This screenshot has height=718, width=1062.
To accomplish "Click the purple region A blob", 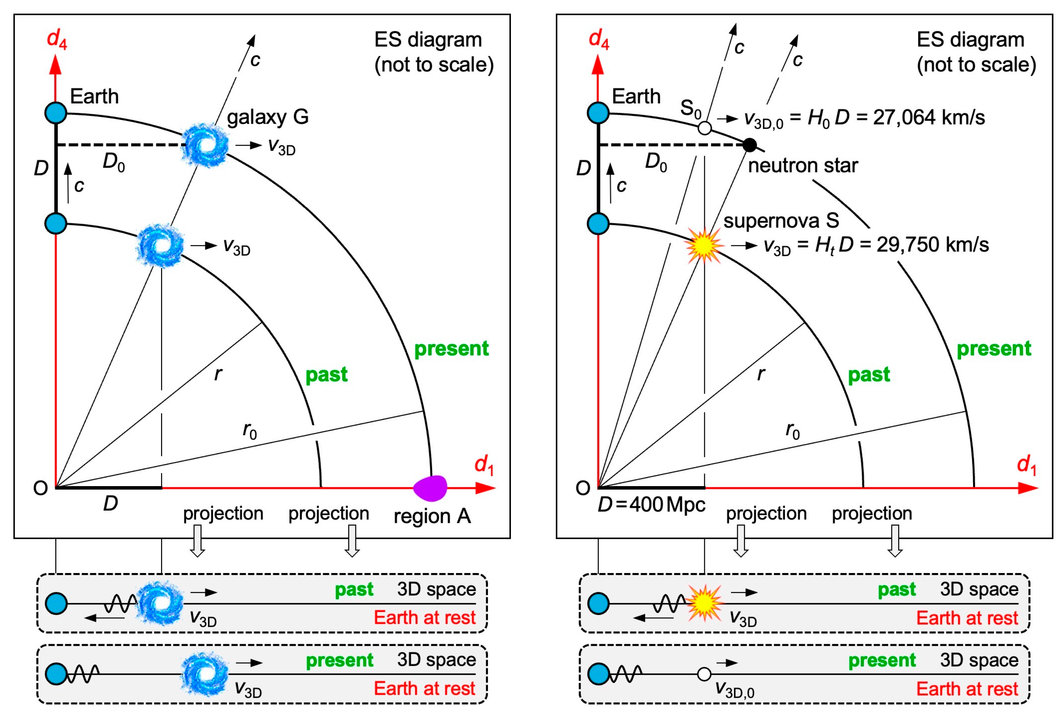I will pyautogui.click(x=430, y=487).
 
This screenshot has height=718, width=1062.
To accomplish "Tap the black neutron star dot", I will pyautogui.click(x=750, y=145).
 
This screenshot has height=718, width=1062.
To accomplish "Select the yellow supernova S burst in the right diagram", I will pyautogui.click(x=704, y=246).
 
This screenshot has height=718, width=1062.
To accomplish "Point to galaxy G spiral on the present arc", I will pyautogui.click(x=205, y=145).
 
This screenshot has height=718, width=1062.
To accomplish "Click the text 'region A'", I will pyautogui.click(x=432, y=516).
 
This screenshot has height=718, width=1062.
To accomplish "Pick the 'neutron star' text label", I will pyautogui.click(x=803, y=166).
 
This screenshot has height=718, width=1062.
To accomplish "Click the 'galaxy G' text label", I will pyautogui.click(x=268, y=117).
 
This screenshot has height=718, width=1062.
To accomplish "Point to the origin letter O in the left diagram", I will pyautogui.click(x=41, y=489).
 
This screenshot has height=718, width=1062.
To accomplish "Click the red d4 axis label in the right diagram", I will pyautogui.click(x=598, y=39).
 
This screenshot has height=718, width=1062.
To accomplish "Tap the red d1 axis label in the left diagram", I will pyautogui.click(x=484, y=465).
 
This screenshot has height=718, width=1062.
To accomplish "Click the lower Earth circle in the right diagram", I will pyautogui.click(x=598, y=224).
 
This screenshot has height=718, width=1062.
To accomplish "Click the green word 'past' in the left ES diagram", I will pyautogui.click(x=326, y=374).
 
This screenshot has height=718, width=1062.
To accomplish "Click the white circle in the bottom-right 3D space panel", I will pyautogui.click(x=704, y=674).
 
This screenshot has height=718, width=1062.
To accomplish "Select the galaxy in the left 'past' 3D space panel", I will pyautogui.click(x=160, y=603).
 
